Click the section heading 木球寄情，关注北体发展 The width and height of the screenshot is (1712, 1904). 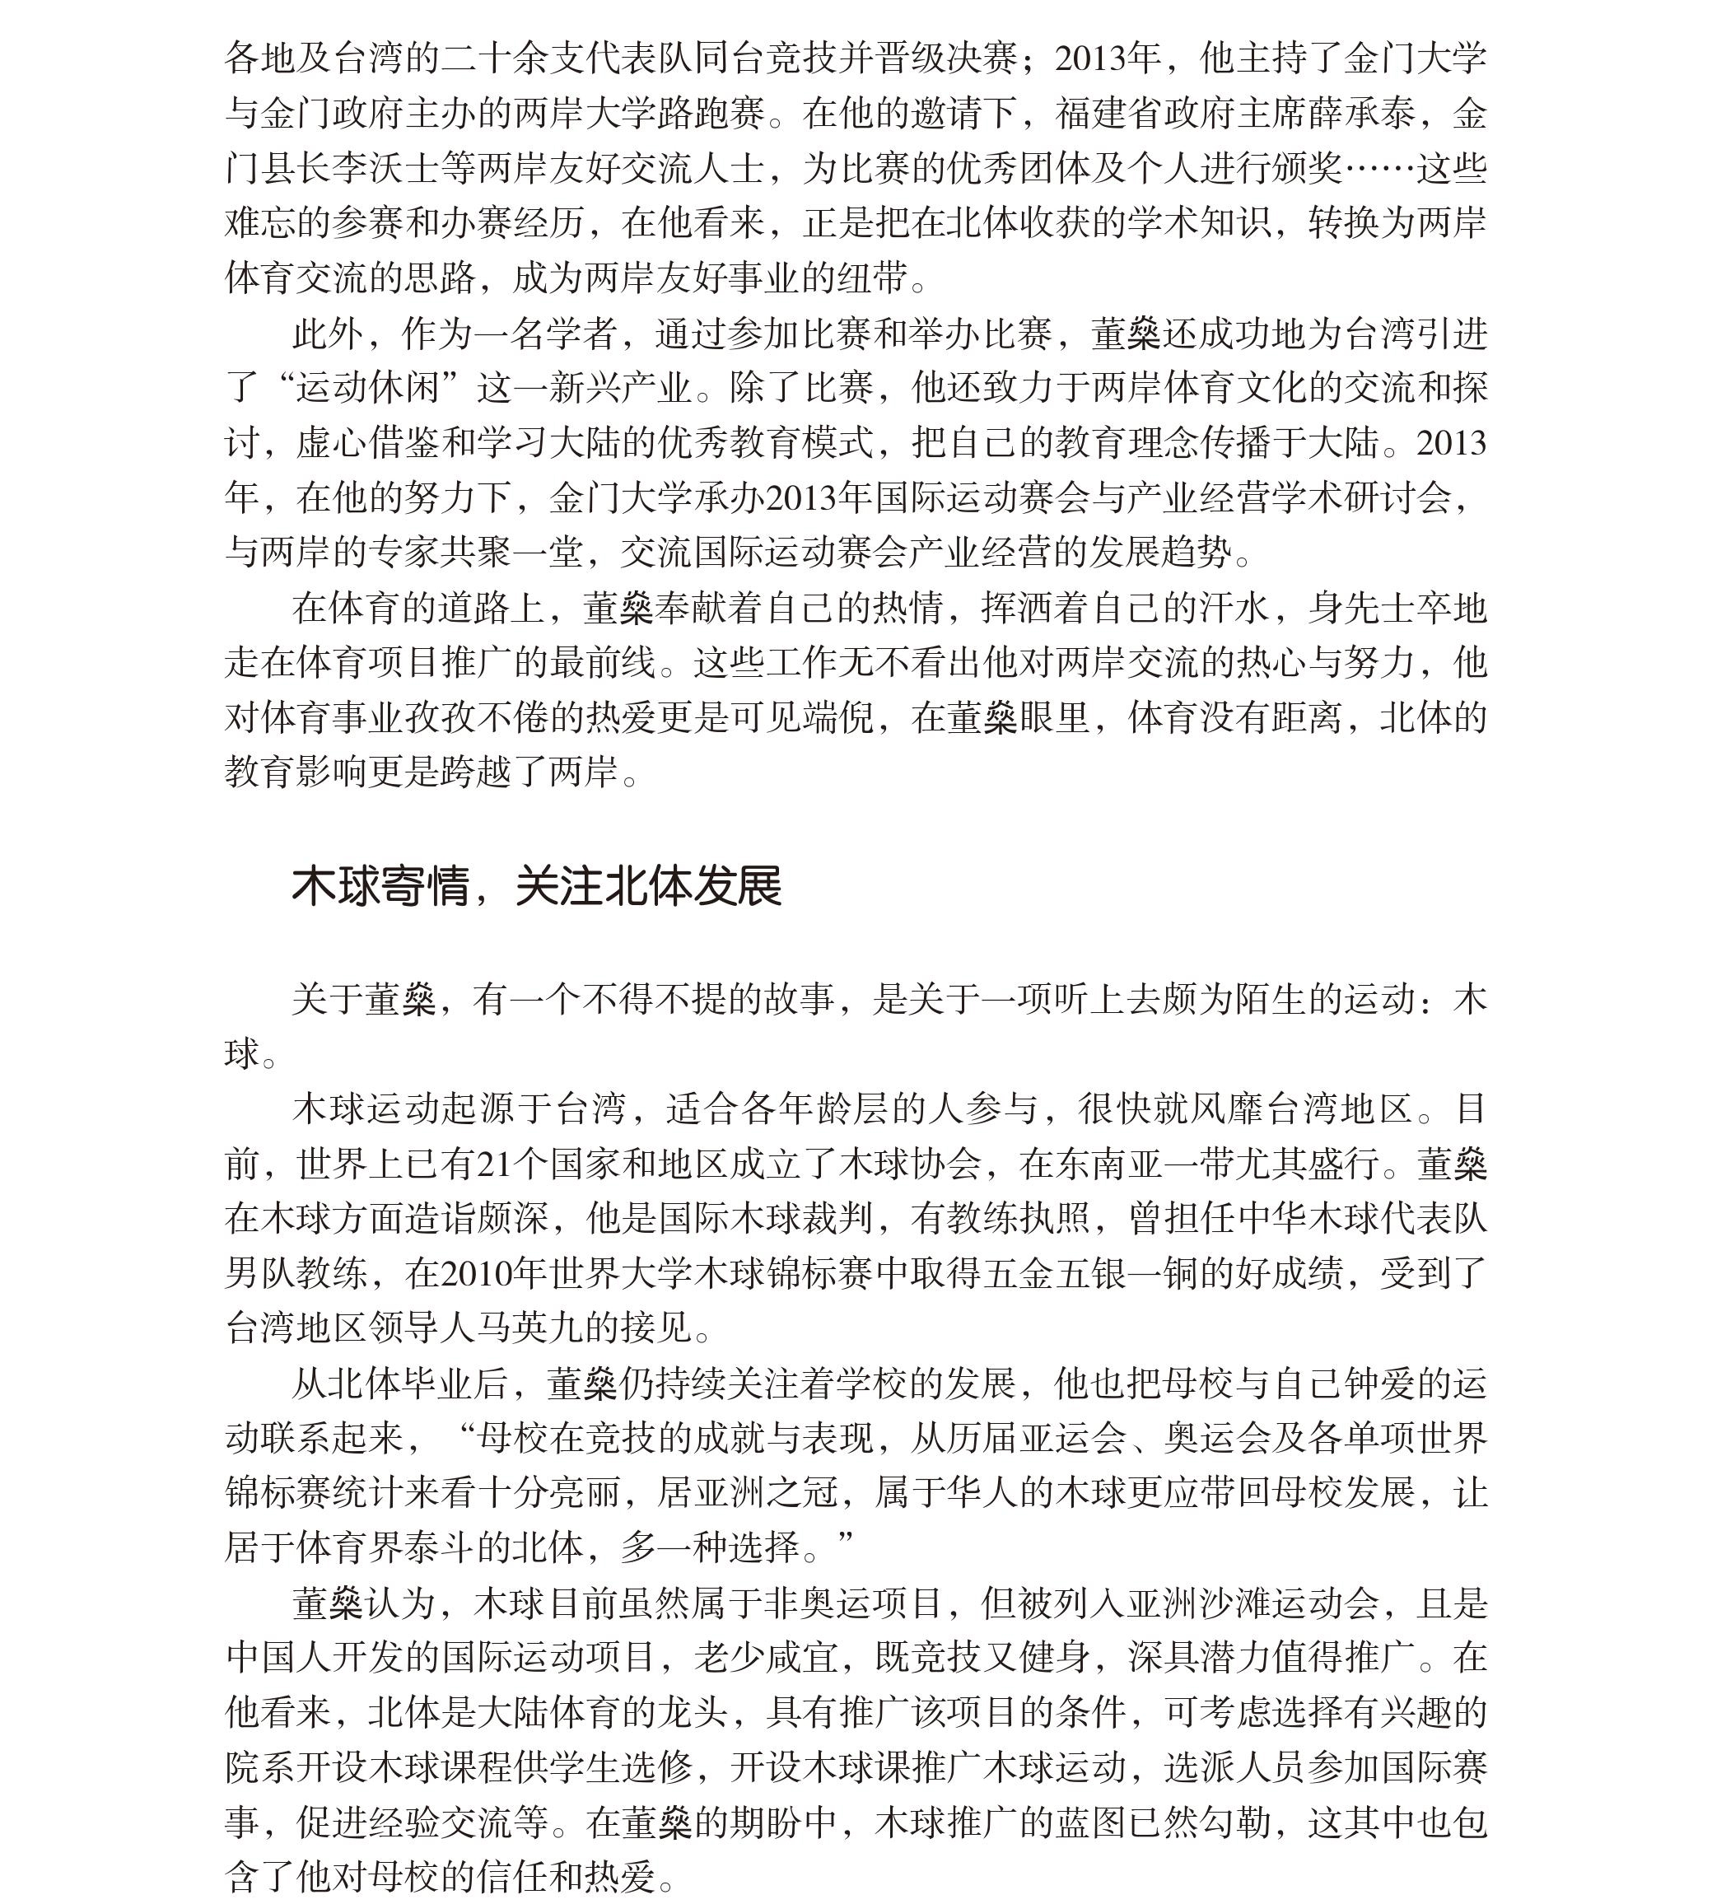click(536, 886)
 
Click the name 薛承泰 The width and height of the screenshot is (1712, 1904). click(1360, 114)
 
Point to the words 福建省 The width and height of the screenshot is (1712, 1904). click(1108, 114)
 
